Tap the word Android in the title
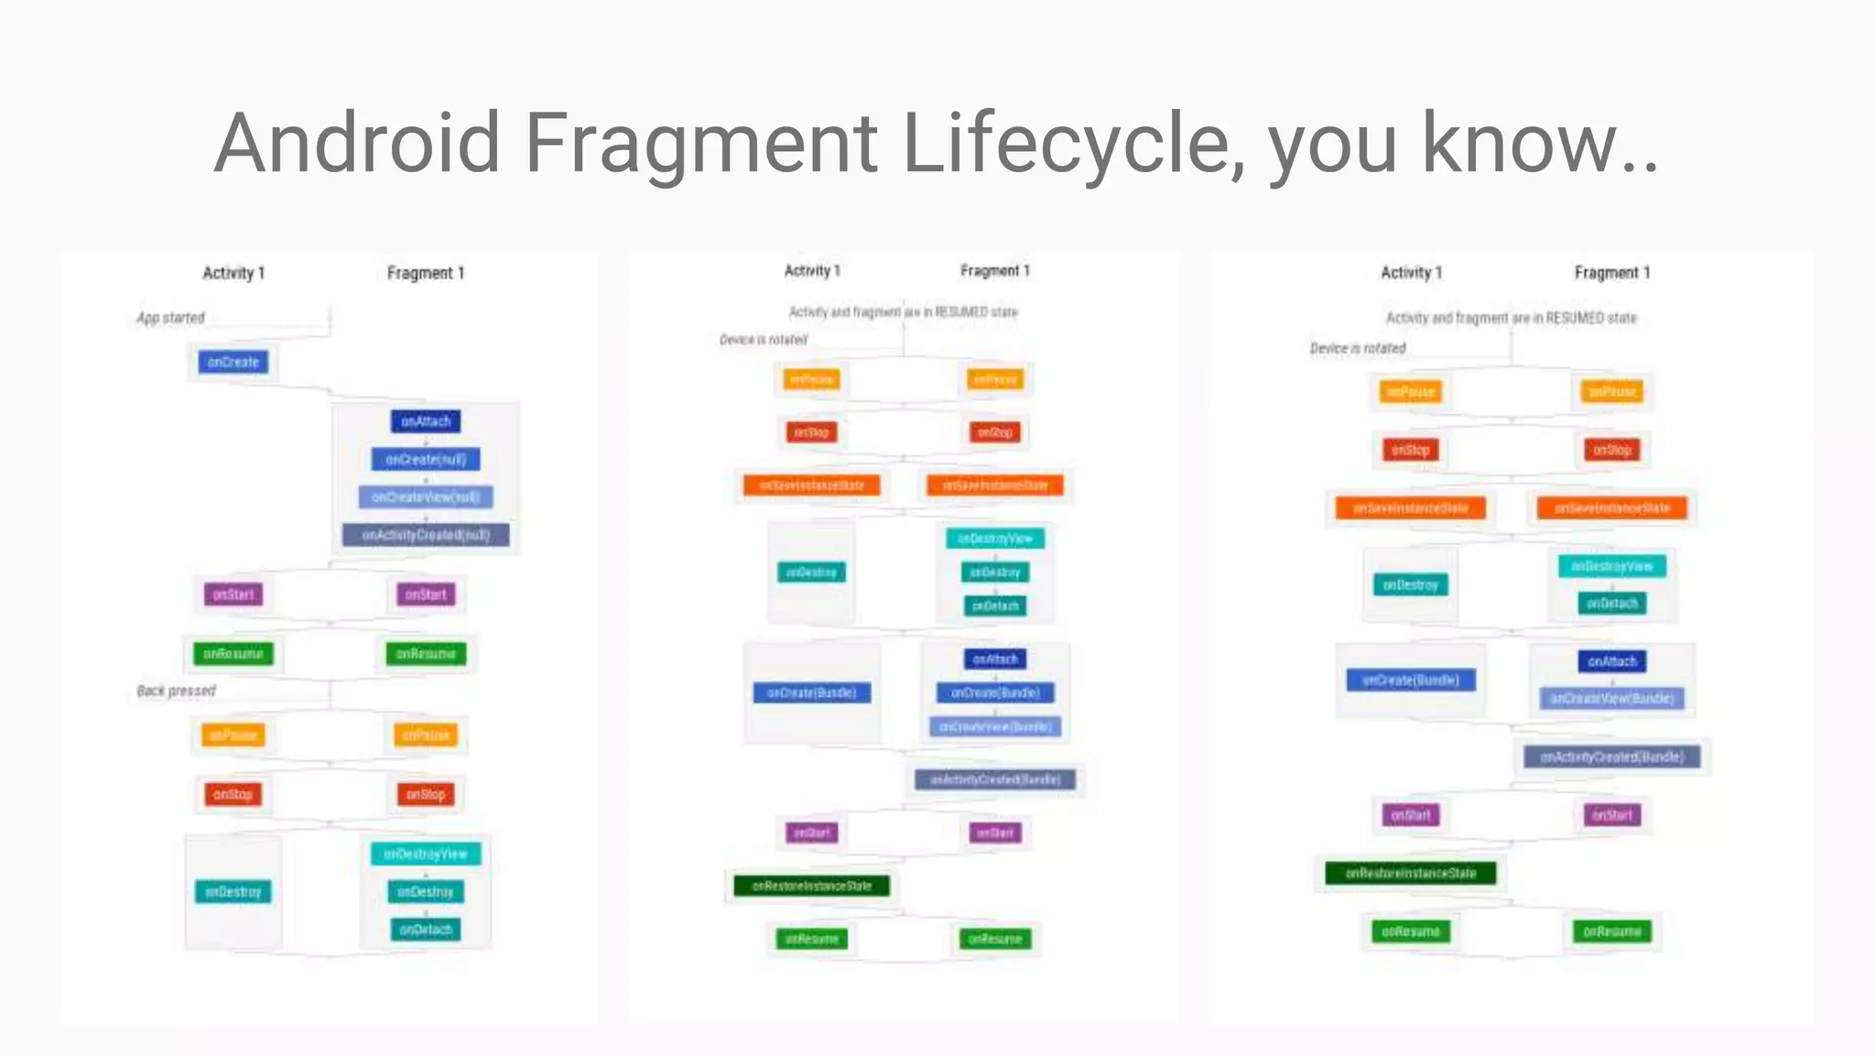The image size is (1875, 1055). click(357, 144)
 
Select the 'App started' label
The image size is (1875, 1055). click(170, 318)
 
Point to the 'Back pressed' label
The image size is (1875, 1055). click(176, 691)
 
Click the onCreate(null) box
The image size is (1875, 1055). click(426, 459)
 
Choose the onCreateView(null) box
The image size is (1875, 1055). click(426, 496)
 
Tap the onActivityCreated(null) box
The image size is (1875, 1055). click(426, 535)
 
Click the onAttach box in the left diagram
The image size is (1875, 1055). click(426, 421)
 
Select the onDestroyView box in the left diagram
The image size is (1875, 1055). click(426, 854)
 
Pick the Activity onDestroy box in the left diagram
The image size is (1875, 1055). click(233, 892)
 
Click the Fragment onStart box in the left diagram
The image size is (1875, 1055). click(426, 594)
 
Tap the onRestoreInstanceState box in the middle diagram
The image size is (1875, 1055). click(811, 886)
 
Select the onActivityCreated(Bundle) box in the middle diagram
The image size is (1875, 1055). click(995, 779)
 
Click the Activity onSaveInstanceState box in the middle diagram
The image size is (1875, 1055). click(811, 485)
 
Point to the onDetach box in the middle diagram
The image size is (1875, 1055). click(995, 605)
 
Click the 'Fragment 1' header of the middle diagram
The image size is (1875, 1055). click(995, 271)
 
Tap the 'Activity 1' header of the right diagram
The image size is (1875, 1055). click(1411, 273)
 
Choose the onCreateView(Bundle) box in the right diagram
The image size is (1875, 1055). click(1612, 699)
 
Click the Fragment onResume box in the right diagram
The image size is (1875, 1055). click(1612, 931)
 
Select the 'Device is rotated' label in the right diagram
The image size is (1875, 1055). click(1357, 348)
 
